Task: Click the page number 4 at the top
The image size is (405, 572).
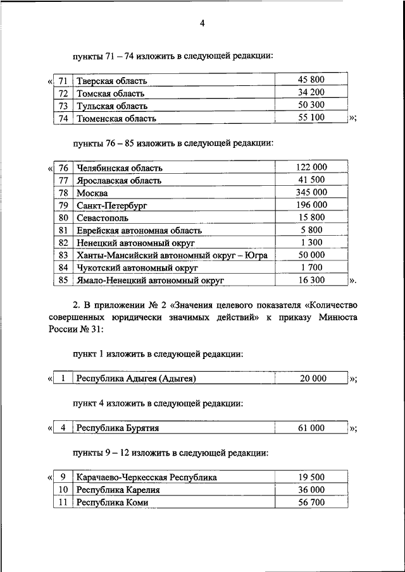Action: (x=202, y=24)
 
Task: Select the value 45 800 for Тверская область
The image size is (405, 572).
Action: (x=311, y=80)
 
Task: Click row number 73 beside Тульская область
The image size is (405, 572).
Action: (x=62, y=106)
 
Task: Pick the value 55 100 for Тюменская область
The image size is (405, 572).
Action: (x=311, y=118)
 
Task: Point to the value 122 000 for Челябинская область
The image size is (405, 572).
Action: (x=311, y=167)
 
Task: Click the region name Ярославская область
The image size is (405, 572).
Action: (x=118, y=180)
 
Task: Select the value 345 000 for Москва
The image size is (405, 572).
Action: (x=311, y=192)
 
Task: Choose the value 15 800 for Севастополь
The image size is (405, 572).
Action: (x=311, y=217)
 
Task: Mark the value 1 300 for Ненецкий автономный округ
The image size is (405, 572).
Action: (x=311, y=241)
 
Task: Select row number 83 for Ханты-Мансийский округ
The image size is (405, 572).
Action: (x=62, y=254)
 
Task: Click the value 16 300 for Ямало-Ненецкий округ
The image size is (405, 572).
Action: (x=311, y=279)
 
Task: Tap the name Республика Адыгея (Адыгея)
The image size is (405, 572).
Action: (x=136, y=379)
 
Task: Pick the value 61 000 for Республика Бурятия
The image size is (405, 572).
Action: (x=311, y=428)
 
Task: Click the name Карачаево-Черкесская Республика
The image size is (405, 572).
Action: (x=146, y=477)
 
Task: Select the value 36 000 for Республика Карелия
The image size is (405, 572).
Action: (x=311, y=490)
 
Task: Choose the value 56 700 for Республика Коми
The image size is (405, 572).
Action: (x=311, y=502)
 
